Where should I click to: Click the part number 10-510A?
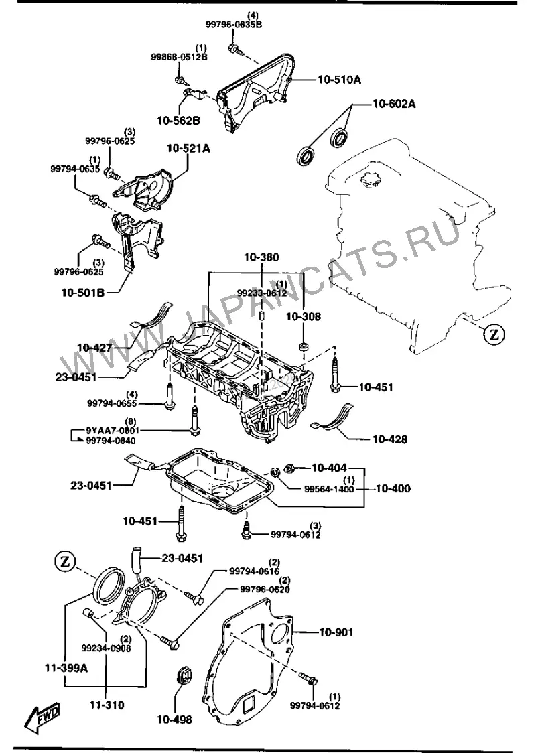click(x=339, y=80)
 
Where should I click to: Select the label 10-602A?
click(x=394, y=104)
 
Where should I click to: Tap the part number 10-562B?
click(x=179, y=120)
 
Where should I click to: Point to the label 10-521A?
click(x=188, y=149)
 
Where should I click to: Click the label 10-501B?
click(x=82, y=292)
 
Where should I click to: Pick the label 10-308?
click(x=304, y=316)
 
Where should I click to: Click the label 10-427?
click(x=94, y=348)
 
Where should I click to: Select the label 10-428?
click(x=389, y=439)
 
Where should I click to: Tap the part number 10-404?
click(x=329, y=467)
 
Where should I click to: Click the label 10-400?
click(x=393, y=489)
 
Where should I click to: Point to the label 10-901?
click(x=336, y=632)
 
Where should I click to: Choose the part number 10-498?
click(x=174, y=720)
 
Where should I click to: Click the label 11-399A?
click(x=67, y=668)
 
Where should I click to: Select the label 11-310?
click(x=107, y=705)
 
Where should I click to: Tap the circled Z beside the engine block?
click(x=494, y=335)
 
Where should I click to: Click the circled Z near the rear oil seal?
click(x=66, y=561)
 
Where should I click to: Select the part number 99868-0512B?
click(x=179, y=57)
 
